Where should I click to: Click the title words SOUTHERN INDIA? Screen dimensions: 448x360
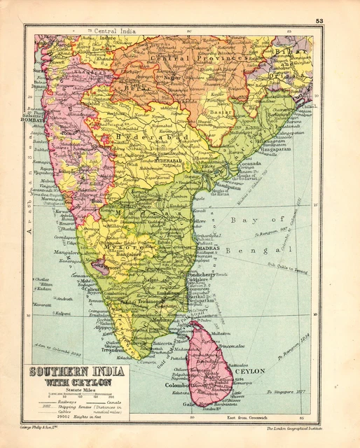[74, 372]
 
